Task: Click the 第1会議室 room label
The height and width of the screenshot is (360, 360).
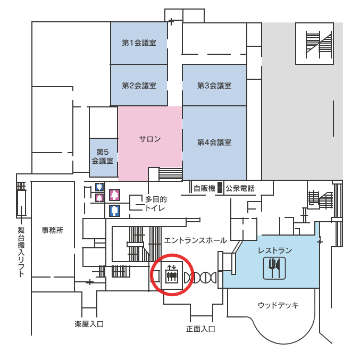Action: [139, 43]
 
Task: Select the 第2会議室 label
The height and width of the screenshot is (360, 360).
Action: [139, 85]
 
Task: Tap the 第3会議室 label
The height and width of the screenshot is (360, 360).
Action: [214, 85]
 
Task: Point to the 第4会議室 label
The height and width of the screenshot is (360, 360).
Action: [214, 143]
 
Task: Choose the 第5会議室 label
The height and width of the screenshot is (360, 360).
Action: [103, 156]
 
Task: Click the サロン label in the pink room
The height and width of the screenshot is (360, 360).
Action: [150, 139]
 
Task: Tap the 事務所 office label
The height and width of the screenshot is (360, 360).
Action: [53, 230]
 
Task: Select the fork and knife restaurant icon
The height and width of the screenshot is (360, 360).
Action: [274, 267]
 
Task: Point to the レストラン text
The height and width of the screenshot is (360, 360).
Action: [275, 250]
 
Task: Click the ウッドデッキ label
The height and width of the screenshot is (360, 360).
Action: [278, 305]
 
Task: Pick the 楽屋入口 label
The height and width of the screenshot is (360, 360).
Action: [89, 323]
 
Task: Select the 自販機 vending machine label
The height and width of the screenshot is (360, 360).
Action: [204, 188]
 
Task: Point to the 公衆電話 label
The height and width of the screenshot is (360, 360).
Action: [240, 188]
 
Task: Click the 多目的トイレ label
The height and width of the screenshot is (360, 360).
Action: [156, 204]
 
